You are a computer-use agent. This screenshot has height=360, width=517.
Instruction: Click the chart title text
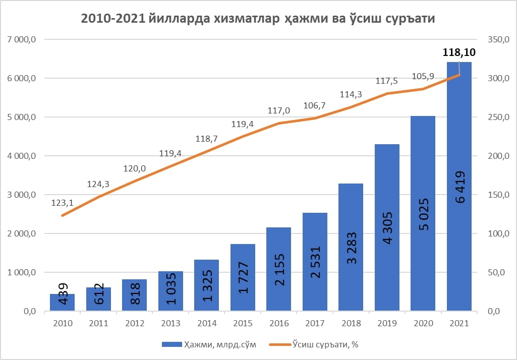[258, 19]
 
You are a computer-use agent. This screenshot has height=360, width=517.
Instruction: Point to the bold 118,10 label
[458, 52]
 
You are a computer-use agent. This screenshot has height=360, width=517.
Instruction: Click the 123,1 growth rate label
[62, 203]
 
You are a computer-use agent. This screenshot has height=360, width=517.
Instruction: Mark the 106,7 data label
[315, 105]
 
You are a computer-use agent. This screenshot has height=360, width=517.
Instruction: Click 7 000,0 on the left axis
[20, 39]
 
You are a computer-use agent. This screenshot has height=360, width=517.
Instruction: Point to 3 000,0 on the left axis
[20, 195]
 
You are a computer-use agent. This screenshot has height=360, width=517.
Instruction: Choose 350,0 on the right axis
[497, 39]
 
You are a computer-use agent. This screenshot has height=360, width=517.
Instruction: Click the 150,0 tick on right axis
[497, 195]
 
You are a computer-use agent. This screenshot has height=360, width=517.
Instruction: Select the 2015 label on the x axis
[243, 323]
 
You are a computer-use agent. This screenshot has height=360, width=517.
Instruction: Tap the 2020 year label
[423, 323]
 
